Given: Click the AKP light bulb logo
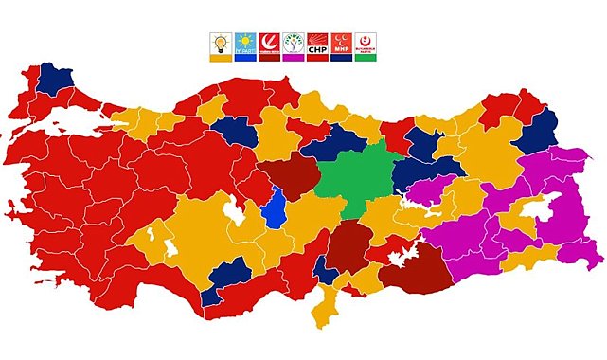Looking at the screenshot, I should point(220,44).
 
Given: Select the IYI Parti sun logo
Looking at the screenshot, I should point(244,44).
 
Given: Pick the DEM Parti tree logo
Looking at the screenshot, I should point(294,44).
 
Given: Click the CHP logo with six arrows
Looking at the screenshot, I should point(318,44).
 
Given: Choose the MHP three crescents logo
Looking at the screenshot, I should point(342,44).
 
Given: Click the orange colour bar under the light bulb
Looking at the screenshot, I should point(220,58).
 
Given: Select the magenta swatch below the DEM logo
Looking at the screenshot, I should point(294,58).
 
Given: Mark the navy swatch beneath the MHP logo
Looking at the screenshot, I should point(342,58).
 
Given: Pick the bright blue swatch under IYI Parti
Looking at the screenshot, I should point(244,58).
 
